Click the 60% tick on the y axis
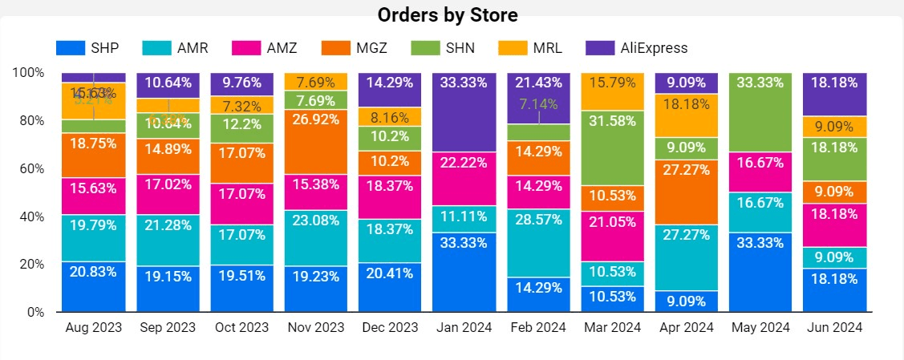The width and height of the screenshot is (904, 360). (29, 168)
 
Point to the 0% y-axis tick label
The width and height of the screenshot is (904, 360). (33, 312)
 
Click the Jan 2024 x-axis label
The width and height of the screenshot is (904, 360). (464, 327)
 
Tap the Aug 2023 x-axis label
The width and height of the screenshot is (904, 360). (94, 327)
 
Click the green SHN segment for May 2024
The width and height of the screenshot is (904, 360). (760, 111)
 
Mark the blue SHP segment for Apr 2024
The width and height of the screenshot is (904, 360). (686, 301)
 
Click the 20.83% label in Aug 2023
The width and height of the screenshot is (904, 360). (94, 272)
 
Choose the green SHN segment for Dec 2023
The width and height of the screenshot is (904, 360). (390, 139)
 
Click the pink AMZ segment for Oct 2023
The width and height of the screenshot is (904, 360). (242, 204)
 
